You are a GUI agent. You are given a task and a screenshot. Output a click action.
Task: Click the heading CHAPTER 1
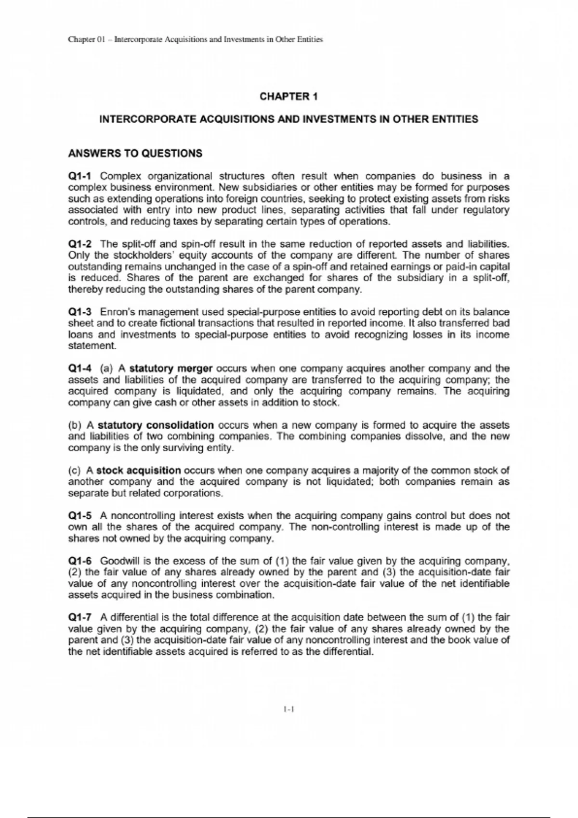[289, 97]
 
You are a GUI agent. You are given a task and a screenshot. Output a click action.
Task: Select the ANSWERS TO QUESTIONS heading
[135, 153]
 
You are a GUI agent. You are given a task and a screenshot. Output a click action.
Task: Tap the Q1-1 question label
[80, 176]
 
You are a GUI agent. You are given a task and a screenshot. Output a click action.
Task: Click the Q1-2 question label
[80, 244]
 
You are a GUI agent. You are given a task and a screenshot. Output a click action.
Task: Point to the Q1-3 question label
[80, 312]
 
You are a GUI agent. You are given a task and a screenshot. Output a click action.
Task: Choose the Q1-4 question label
[80, 369]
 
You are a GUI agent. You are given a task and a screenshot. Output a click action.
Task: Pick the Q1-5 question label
[80, 516]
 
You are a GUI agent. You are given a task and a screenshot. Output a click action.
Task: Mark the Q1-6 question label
[80, 561]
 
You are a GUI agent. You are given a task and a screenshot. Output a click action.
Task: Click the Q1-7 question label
[80, 617]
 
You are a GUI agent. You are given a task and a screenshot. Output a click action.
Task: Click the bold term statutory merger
[171, 369]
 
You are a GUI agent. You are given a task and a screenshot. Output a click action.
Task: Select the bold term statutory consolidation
[156, 425]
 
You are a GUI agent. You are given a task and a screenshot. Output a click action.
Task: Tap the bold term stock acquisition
[139, 471]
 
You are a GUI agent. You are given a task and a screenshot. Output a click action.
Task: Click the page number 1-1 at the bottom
[289, 709]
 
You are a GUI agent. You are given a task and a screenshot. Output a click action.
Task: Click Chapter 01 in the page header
[86, 39]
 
